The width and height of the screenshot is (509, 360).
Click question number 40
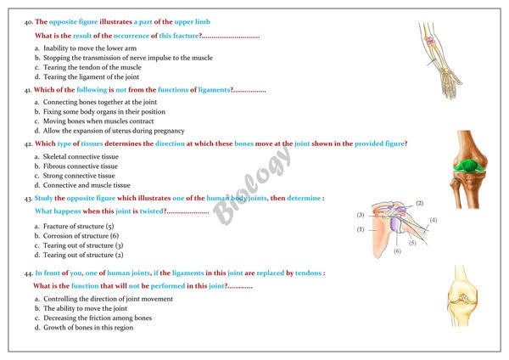[x=29, y=22]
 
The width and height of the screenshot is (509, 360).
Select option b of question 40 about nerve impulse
[x=124, y=58]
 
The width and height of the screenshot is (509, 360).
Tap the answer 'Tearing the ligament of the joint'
[x=87, y=77]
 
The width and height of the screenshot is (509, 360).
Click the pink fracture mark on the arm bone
[x=430, y=41]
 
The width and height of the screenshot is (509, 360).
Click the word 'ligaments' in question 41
[x=215, y=90]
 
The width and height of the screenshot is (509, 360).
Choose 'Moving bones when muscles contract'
[x=94, y=121]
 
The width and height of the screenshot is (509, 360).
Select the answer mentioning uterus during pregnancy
[x=109, y=131]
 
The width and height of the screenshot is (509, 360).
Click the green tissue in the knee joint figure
[x=469, y=166]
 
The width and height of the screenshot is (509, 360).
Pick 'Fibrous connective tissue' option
[x=76, y=166]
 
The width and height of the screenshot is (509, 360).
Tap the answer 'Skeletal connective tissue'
[x=76, y=156]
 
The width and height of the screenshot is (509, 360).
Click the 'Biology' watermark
[x=253, y=185]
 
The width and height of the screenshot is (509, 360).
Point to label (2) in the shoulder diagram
[x=419, y=204]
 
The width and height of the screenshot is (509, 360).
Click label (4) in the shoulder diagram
[x=433, y=220]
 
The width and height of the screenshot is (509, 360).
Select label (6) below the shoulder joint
[x=397, y=251]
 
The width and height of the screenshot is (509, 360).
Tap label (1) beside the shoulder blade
[x=361, y=229]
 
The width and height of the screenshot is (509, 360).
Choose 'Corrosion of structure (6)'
[x=76, y=236]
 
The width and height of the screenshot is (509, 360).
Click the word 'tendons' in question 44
[x=309, y=273]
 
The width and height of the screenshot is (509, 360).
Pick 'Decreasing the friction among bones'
[x=93, y=318]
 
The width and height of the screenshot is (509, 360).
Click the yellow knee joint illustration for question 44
[x=462, y=295]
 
